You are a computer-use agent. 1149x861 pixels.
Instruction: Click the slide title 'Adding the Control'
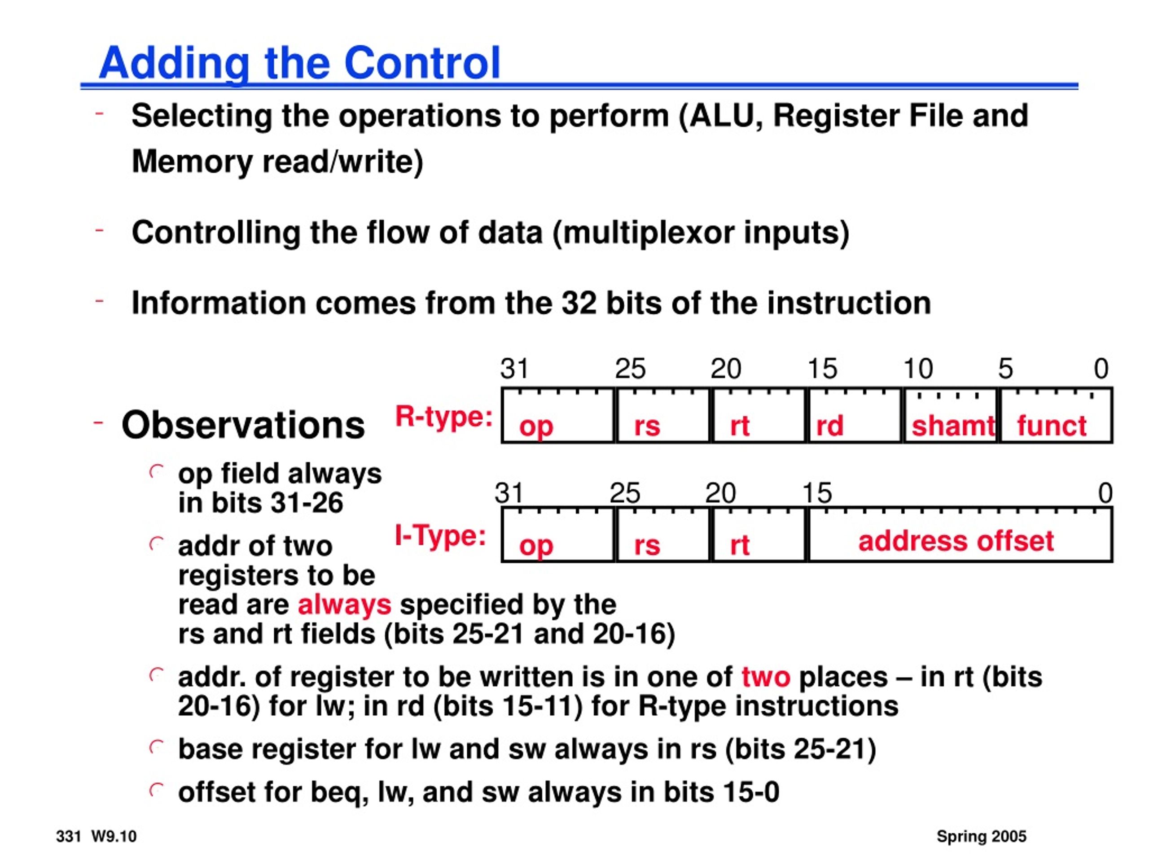coord(300,63)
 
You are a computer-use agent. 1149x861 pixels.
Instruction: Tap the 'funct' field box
coord(1056,415)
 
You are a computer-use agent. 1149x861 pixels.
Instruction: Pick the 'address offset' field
coord(960,535)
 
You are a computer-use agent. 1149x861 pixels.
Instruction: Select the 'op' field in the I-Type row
coord(558,535)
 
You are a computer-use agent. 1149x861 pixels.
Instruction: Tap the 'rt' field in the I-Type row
coord(759,535)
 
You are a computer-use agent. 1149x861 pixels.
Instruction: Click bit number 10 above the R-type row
coord(918,369)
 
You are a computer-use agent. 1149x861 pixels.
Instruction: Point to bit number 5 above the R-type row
coord(1005,369)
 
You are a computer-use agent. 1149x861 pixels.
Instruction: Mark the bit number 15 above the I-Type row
coord(817,493)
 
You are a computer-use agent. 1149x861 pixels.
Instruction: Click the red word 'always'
coord(344,605)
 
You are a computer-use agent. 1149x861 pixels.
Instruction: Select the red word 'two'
coord(766,677)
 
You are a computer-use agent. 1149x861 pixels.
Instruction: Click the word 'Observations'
coord(243,425)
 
